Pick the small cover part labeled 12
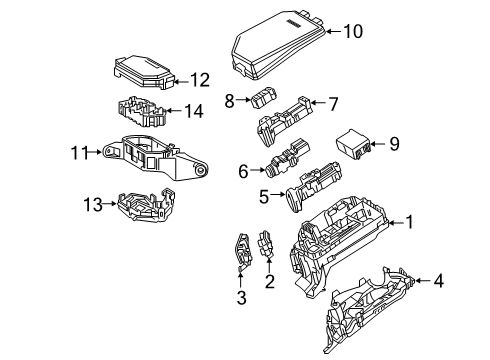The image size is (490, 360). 147,74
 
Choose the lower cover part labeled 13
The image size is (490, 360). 136,205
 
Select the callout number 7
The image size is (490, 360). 334,101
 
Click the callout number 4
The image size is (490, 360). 438,283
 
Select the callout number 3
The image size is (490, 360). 240,297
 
